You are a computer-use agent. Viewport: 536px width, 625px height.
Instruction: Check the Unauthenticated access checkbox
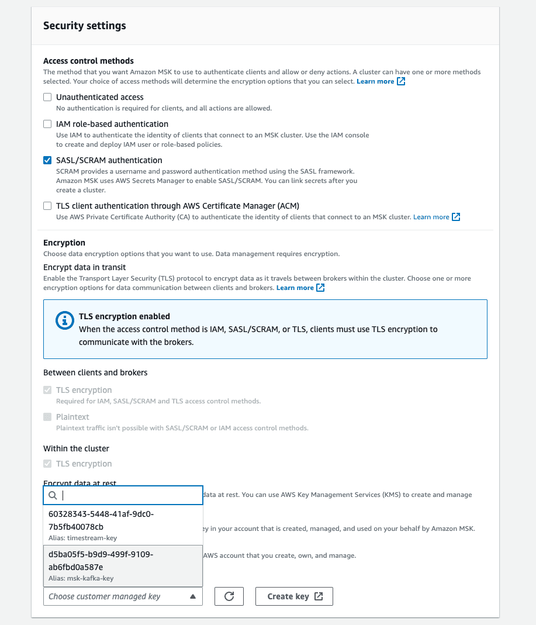click(x=47, y=97)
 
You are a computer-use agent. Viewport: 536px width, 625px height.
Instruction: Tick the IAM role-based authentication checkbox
click(x=47, y=124)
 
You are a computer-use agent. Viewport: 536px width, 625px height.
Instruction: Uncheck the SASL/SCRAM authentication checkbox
click(x=47, y=160)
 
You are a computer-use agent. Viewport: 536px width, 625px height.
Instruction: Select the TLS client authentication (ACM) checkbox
click(x=47, y=206)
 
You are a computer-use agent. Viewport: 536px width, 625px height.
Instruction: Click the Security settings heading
click(x=85, y=26)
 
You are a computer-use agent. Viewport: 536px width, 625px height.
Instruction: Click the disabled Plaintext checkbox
click(x=47, y=417)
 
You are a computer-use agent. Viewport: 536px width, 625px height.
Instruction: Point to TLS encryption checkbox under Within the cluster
click(x=47, y=464)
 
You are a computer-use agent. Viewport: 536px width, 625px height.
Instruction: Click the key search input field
click(x=129, y=495)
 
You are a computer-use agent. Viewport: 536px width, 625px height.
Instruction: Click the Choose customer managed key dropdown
click(x=123, y=596)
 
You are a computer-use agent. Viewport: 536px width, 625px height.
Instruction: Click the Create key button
click(x=294, y=596)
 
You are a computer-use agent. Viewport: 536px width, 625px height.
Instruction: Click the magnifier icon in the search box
click(x=53, y=495)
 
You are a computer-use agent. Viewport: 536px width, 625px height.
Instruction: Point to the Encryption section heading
click(x=64, y=243)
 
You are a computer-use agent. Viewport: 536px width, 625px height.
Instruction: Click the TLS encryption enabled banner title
click(x=125, y=316)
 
